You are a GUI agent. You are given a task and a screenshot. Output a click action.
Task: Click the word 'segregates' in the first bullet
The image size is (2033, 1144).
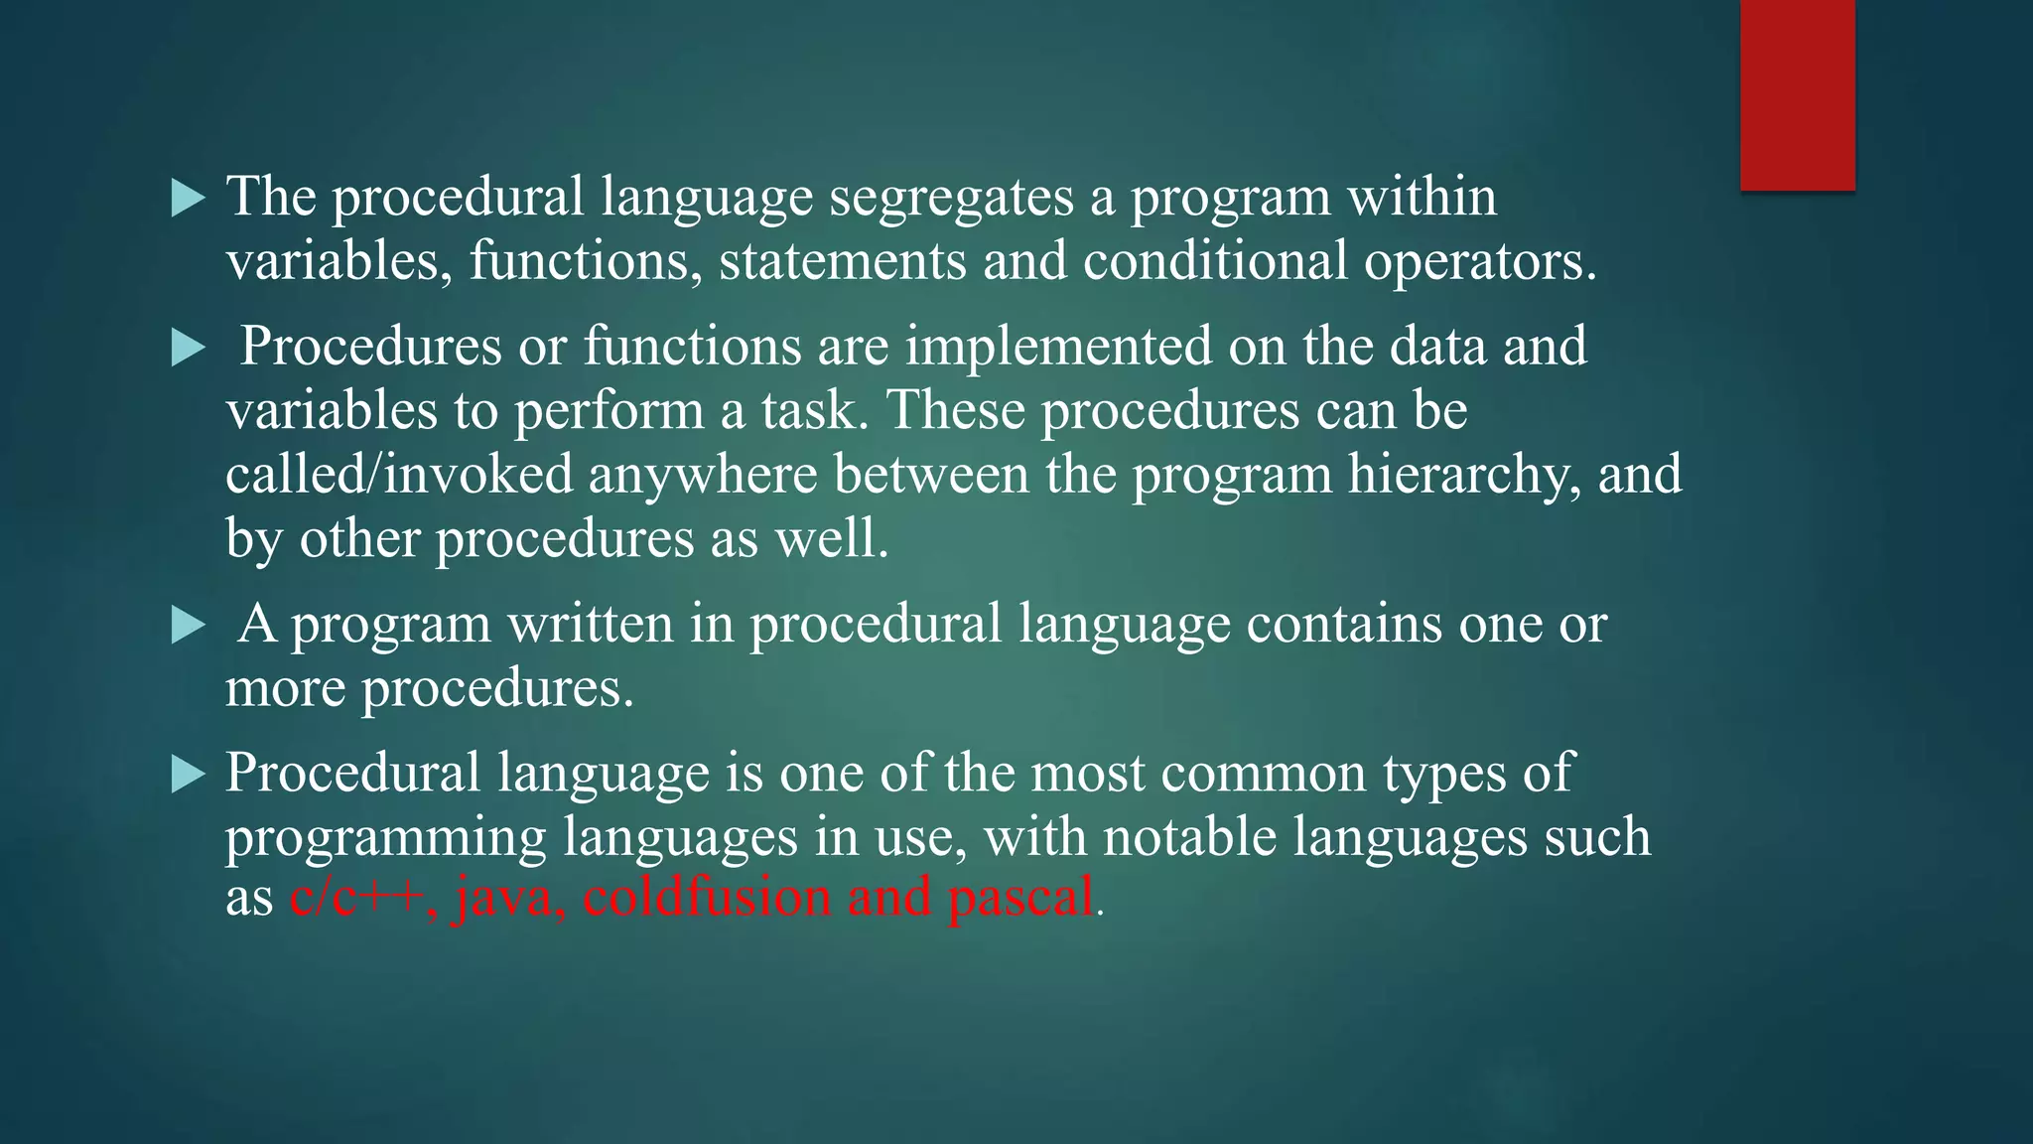point(951,198)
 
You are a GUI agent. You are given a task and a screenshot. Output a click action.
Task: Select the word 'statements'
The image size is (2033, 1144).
point(843,261)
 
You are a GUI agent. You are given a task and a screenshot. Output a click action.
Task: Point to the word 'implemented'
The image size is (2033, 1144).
point(1058,347)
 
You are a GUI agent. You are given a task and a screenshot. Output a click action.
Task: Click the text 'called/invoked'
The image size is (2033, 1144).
point(399,474)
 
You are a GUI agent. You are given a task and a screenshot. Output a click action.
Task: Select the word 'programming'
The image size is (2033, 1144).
point(385,837)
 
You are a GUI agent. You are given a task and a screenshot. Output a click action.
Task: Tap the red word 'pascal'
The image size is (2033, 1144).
point(1020,898)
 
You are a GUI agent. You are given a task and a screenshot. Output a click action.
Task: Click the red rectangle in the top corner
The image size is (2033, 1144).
point(1797,94)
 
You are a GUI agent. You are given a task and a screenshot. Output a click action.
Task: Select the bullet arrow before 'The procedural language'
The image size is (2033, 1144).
point(187,199)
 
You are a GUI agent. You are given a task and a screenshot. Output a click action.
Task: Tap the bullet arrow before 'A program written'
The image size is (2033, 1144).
point(187,626)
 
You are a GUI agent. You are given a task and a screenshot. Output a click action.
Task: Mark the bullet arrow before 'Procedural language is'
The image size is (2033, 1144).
point(187,774)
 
